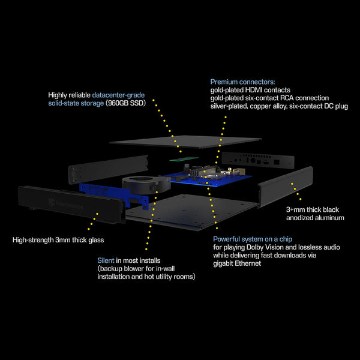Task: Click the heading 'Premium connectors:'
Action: pos(242,82)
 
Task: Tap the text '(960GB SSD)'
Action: pos(125,103)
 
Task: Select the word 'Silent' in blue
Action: pos(106,260)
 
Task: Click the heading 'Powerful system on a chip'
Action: pos(253,239)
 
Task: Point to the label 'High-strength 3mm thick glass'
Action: pos(58,240)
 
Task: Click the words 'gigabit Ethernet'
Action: pos(237,263)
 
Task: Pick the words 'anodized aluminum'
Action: pos(315,218)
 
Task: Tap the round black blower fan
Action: pos(146,185)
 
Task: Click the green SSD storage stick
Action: pos(184,158)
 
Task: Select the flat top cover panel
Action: pos(185,142)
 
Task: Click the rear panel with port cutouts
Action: pos(258,160)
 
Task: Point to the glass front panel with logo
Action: pos(71,204)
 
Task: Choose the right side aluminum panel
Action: pos(286,187)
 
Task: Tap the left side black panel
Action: pos(108,169)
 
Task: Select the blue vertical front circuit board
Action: pos(113,195)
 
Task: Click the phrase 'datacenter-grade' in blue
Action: pos(118,95)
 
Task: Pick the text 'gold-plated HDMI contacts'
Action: pos(250,90)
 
